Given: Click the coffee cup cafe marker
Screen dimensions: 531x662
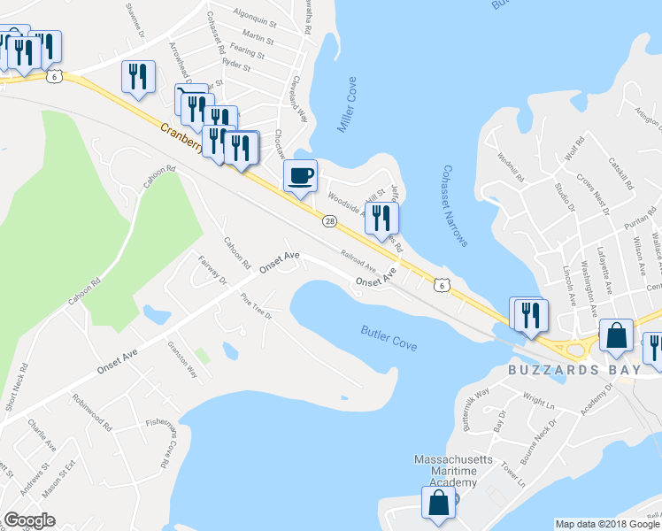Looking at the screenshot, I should [x=300, y=175].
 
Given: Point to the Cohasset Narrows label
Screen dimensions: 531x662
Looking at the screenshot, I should [x=455, y=206].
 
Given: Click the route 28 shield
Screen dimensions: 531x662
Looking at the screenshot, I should [x=329, y=221].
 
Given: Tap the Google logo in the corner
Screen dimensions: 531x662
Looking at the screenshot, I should [x=29, y=520].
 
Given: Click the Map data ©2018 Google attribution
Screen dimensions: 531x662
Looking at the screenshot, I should [x=607, y=524].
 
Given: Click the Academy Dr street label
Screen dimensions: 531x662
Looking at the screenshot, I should [x=597, y=397].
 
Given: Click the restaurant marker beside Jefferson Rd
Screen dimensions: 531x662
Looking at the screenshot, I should [x=381, y=219].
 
